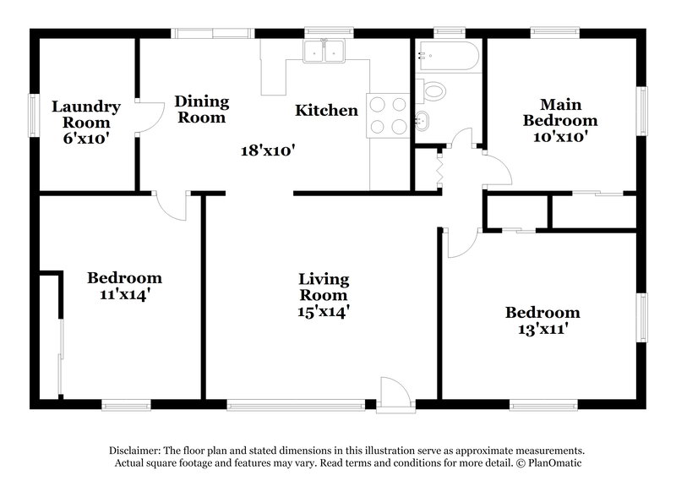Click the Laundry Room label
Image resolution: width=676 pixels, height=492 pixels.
coord(85,114)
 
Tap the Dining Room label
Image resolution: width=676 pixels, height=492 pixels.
coord(201,109)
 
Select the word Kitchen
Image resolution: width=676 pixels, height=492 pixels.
coord(326,110)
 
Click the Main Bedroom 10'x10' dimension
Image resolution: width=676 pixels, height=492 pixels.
coord(553,134)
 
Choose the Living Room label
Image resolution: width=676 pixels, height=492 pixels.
coord(324,287)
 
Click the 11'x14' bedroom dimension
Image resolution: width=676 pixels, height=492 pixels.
coord(125,294)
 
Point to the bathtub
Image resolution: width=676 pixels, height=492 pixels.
coord(447,55)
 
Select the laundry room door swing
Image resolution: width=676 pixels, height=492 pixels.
coord(150,118)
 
